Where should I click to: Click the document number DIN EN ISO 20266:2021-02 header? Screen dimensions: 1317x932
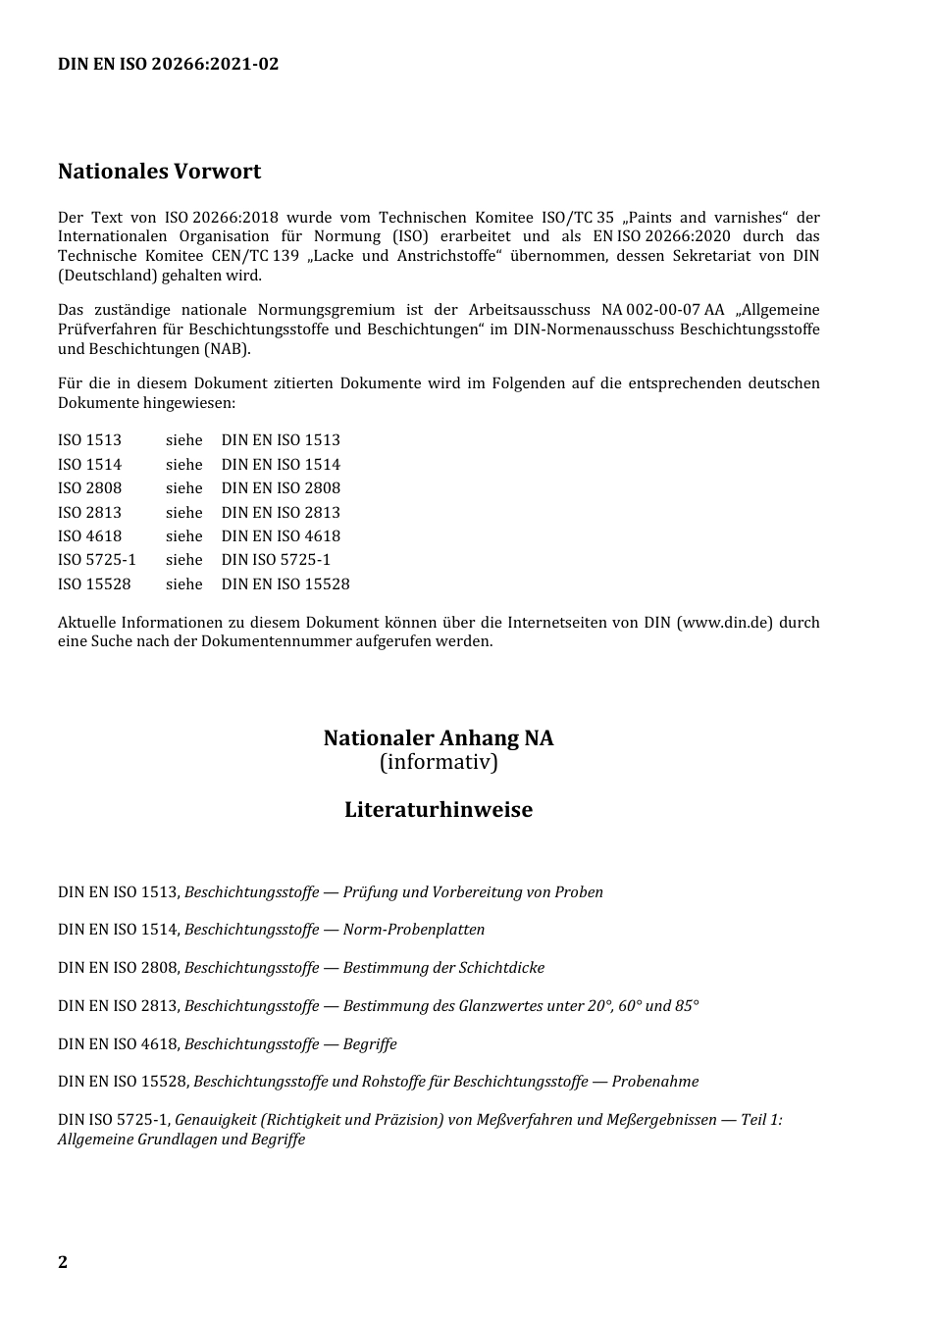[168, 65]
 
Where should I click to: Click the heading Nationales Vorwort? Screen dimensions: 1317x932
[159, 172]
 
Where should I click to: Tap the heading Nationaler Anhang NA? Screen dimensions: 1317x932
[439, 738]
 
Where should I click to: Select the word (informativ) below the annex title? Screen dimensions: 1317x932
[439, 762]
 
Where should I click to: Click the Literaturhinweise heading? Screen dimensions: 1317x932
[439, 810]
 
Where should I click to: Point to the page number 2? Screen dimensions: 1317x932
[63, 1262]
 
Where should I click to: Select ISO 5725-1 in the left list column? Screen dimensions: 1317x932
[96, 560]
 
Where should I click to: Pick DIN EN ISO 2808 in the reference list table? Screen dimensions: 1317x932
[281, 488]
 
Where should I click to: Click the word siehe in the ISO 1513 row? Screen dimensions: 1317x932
[183, 440]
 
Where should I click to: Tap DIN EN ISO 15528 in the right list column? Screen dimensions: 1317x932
[285, 584]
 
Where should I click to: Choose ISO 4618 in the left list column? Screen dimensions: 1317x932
[89, 536]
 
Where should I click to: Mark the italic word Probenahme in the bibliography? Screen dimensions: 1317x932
[655, 1082]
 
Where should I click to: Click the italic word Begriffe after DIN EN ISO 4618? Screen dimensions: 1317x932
[370, 1044]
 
